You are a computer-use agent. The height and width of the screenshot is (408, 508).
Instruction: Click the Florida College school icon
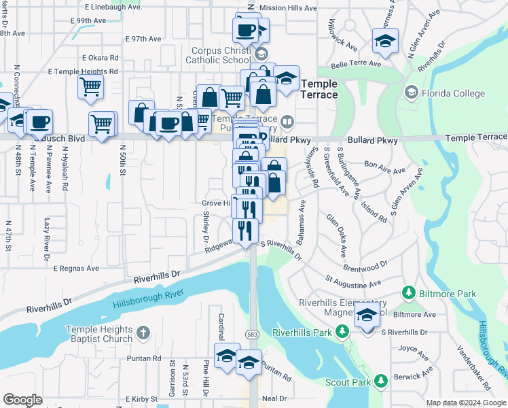(x=411, y=92)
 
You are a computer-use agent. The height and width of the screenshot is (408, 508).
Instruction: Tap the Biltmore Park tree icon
(x=409, y=292)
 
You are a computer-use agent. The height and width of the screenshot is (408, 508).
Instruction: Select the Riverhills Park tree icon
(x=343, y=332)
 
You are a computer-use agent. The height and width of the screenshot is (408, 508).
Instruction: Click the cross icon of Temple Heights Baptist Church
(x=142, y=333)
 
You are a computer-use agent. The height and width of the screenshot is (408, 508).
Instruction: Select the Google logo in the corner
(x=22, y=400)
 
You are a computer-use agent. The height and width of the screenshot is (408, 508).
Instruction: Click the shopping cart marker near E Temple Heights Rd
(x=90, y=87)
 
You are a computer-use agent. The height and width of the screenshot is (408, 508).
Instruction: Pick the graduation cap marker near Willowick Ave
(x=385, y=40)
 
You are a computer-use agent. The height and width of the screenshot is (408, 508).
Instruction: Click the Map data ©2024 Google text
(x=467, y=403)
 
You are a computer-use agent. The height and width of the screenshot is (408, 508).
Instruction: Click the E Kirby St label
(x=145, y=398)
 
